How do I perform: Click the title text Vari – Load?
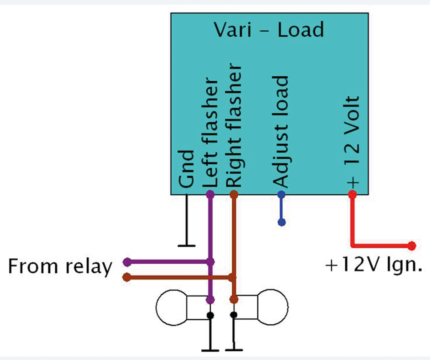tap(269, 30)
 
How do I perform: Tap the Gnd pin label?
tap(187, 169)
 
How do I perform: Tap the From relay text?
tap(59, 267)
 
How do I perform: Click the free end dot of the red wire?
tap(412, 244)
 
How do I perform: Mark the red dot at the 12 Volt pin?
tap(352, 194)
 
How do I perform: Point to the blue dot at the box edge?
tap(281, 194)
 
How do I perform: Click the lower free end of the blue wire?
tap(281, 220)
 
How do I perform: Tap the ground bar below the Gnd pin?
tap(187, 243)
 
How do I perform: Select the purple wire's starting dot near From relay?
tap(126, 262)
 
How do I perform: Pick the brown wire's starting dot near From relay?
tap(126, 276)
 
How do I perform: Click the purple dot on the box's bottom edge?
tap(210, 194)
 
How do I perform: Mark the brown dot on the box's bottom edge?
tap(234, 194)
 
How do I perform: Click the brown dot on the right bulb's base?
tap(234, 298)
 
